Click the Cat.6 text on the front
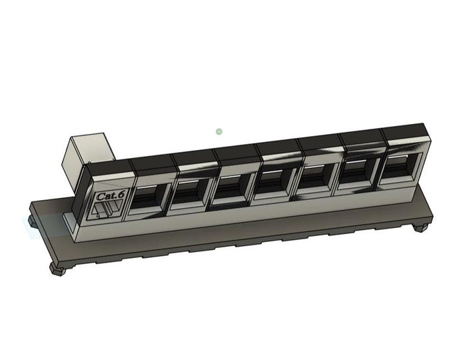[107, 197]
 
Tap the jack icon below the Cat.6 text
[104, 211]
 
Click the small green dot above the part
[219, 131]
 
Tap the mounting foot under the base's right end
[419, 227]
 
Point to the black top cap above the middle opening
[278, 148]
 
